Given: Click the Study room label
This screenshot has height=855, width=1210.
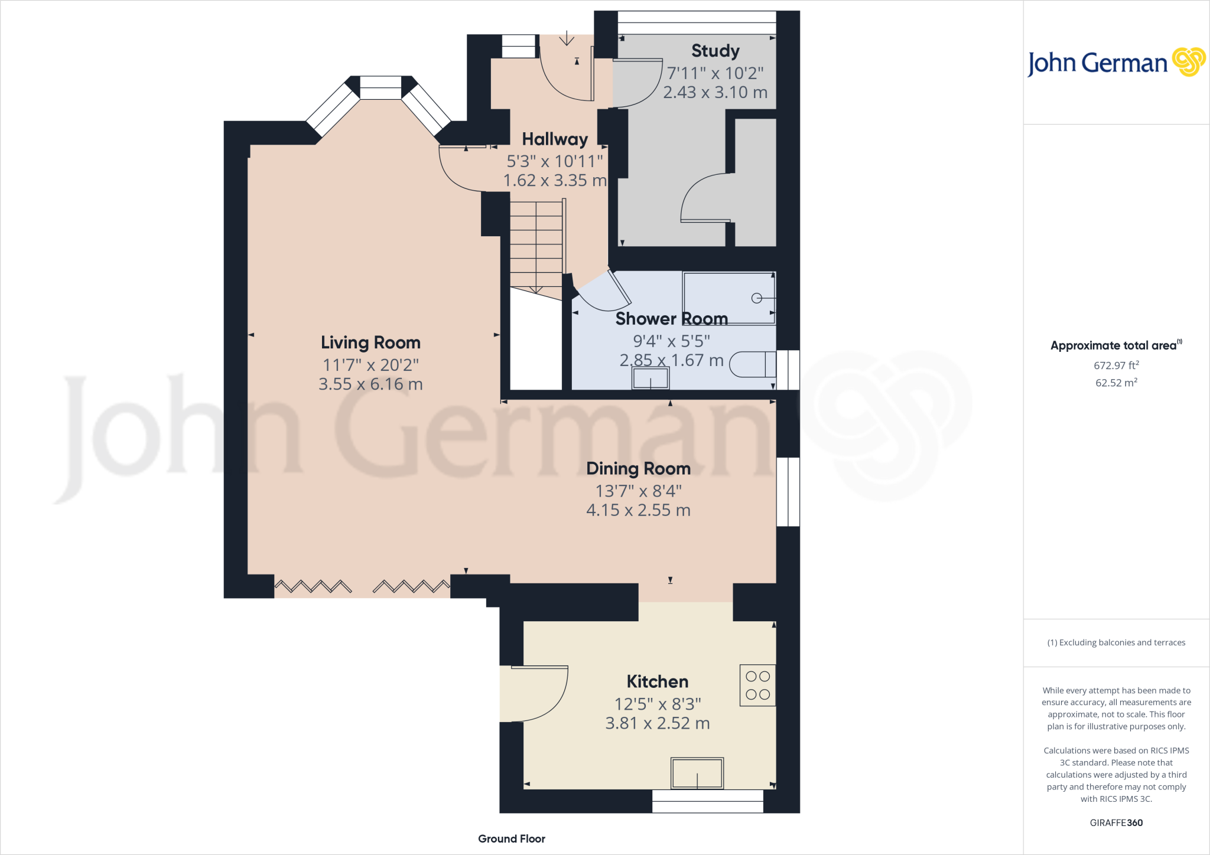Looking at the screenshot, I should pyautogui.click(x=715, y=51).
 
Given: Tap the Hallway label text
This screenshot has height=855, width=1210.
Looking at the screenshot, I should pyautogui.click(x=555, y=139).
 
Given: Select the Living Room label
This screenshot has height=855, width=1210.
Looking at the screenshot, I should pyautogui.click(x=370, y=342).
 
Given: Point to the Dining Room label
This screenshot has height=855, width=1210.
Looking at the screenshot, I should pyautogui.click(x=638, y=469).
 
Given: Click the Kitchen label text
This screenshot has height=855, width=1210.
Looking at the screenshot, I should pyautogui.click(x=657, y=682).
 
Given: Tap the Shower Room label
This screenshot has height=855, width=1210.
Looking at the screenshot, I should pyautogui.click(x=671, y=319).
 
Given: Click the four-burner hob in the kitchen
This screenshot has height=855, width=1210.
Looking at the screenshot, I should pyautogui.click(x=757, y=686).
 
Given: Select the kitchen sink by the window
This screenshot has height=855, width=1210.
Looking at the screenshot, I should pyautogui.click(x=697, y=773).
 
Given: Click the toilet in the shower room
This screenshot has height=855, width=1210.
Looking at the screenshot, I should pyautogui.click(x=752, y=364).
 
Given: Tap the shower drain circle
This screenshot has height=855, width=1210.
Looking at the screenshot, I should pyautogui.click(x=757, y=298).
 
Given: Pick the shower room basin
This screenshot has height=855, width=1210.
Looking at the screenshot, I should pyautogui.click(x=650, y=378).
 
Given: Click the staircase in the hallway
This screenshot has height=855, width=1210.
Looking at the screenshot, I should pyautogui.click(x=536, y=245).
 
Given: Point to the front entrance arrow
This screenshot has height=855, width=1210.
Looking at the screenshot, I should pyautogui.click(x=567, y=39).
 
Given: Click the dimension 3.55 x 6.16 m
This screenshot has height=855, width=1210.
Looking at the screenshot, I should pyautogui.click(x=370, y=384).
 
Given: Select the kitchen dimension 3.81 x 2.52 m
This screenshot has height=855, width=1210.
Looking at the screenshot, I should pyautogui.click(x=657, y=723).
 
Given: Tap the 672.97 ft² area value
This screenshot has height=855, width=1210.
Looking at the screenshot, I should pyautogui.click(x=1116, y=366).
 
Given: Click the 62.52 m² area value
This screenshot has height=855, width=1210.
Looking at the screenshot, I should pyautogui.click(x=1116, y=383).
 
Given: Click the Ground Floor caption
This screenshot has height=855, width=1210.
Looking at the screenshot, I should pyautogui.click(x=512, y=838).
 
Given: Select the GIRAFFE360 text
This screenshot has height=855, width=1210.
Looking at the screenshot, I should pyautogui.click(x=1116, y=823).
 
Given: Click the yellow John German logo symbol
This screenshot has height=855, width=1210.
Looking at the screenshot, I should pyautogui.click(x=1188, y=62).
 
